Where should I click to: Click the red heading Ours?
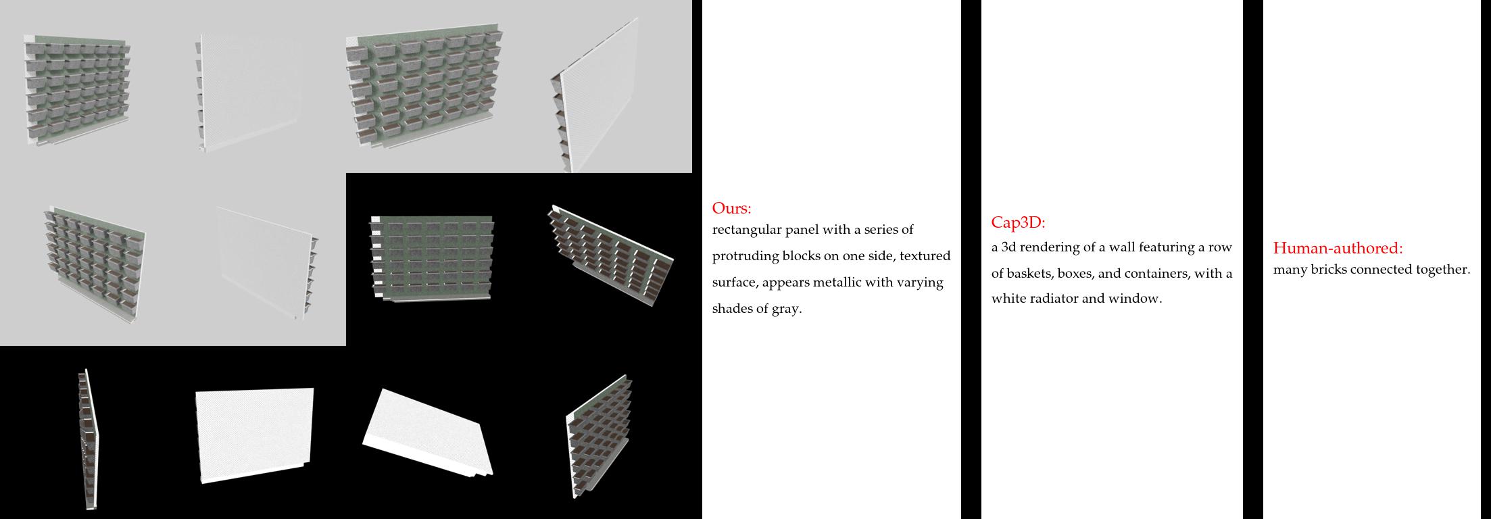pos(731,208)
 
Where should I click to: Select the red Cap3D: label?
pos(1018,223)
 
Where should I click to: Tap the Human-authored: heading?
pos(1338,248)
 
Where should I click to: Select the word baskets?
pos(1030,274)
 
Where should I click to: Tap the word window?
pos(1143,299)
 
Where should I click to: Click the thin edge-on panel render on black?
pos(87,439)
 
